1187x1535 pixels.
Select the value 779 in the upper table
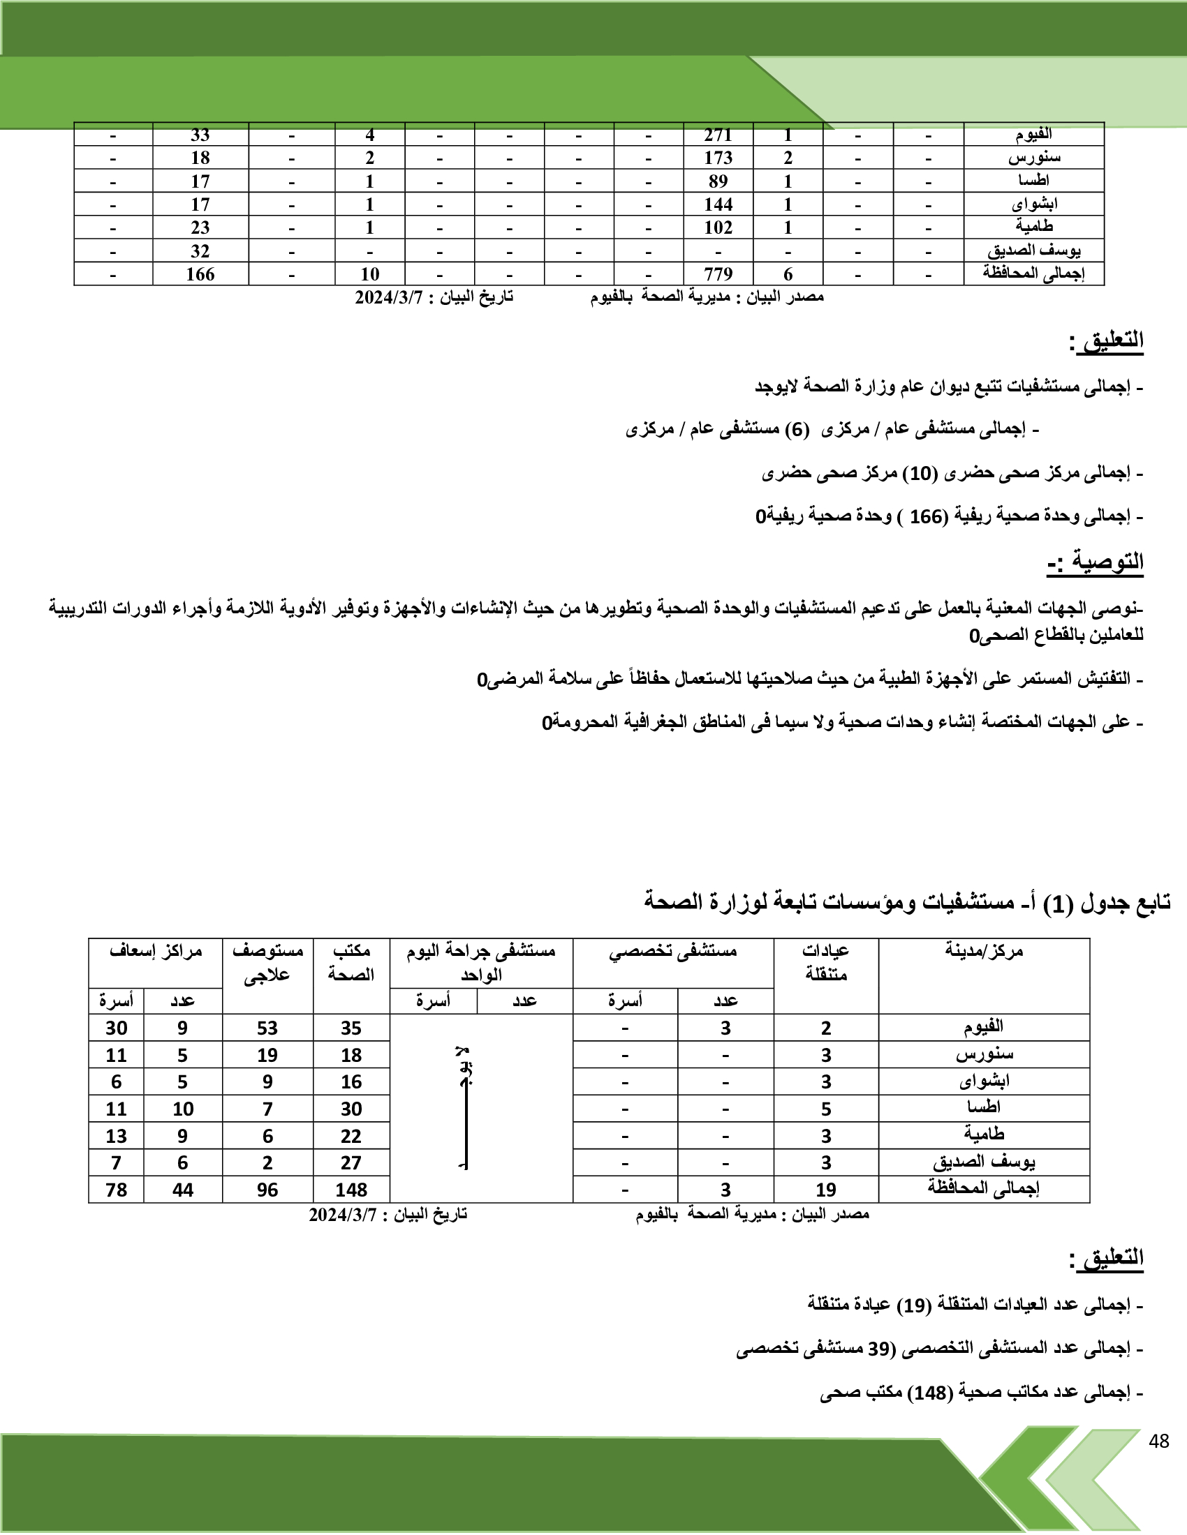718,274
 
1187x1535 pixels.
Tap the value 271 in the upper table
718,135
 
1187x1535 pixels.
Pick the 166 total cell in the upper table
200,274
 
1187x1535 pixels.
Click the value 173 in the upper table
718,158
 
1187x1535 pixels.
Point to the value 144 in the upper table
718,204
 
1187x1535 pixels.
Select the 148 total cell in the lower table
351,1190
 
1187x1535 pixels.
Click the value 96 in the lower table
267,1190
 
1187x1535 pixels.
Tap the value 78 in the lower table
116,1190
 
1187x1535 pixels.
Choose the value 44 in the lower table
183,1190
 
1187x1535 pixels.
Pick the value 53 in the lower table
267,1028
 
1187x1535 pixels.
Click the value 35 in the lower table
351,1028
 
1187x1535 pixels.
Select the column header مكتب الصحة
351,963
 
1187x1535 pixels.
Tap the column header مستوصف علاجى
267,963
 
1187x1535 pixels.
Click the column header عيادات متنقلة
825,963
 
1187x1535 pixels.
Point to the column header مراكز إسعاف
156,952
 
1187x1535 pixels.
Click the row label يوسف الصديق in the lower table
984,1162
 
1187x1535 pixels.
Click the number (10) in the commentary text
920,474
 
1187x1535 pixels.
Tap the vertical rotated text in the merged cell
464,1108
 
